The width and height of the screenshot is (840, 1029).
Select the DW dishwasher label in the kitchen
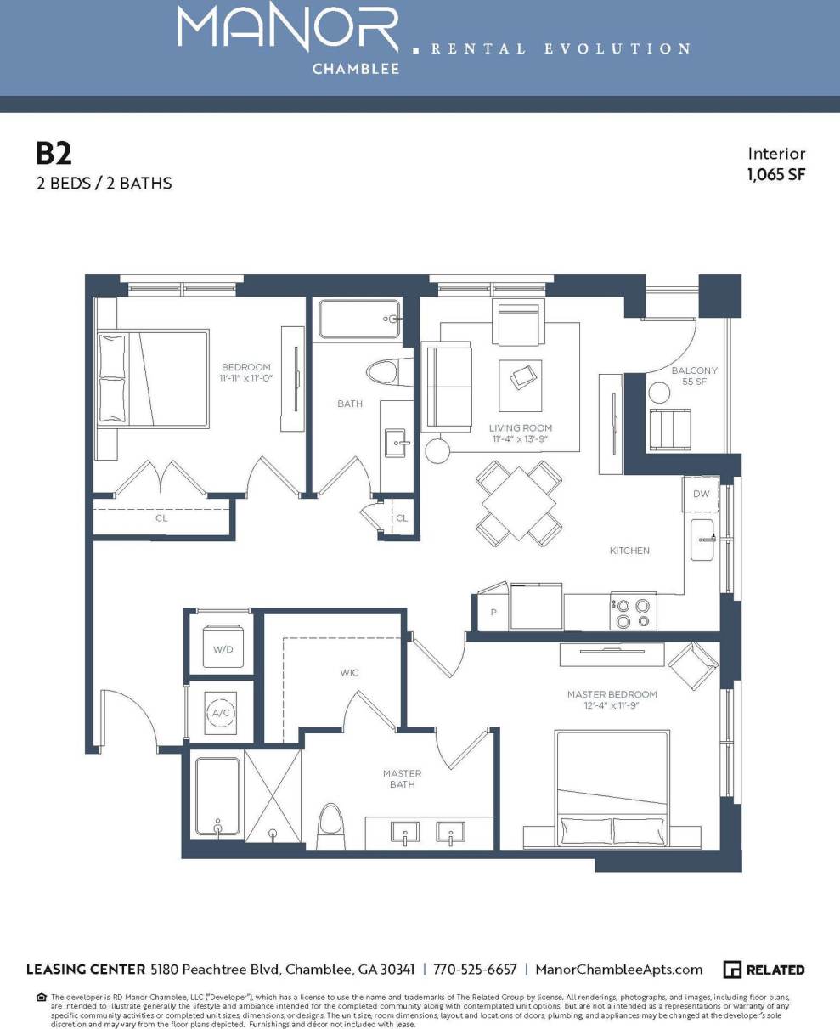(x=701, y=494)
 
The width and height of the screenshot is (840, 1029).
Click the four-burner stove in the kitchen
(x=633, y=612)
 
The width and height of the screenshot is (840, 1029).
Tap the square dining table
(x=518, y=502)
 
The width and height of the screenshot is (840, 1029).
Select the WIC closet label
(x=349, y=673)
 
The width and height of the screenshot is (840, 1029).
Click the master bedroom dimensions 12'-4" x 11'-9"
(x=612, y=705)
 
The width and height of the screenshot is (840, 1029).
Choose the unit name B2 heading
(x=54, y=153)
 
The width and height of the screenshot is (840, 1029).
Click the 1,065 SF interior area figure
(x=775, y=175)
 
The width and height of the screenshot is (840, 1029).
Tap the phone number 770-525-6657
(x=475, y=970)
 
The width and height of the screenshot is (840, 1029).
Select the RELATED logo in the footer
(x=764, y=970)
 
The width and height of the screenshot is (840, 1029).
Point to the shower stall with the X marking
(x=273, y=794)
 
